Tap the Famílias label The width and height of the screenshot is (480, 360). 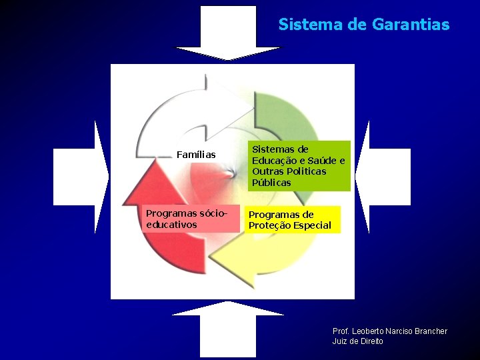coord(196,155)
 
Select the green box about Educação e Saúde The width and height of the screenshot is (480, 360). coord(299,165)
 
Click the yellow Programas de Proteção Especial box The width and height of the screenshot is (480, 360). coord(292,220)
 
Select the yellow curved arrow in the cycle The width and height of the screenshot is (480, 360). coord(260,260)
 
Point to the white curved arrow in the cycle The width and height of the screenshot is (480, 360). coord(180,113)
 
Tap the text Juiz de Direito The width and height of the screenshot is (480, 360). coord(357,341)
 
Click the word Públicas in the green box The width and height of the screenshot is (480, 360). coord(271,183)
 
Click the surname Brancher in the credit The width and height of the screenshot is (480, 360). coord(431,331)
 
